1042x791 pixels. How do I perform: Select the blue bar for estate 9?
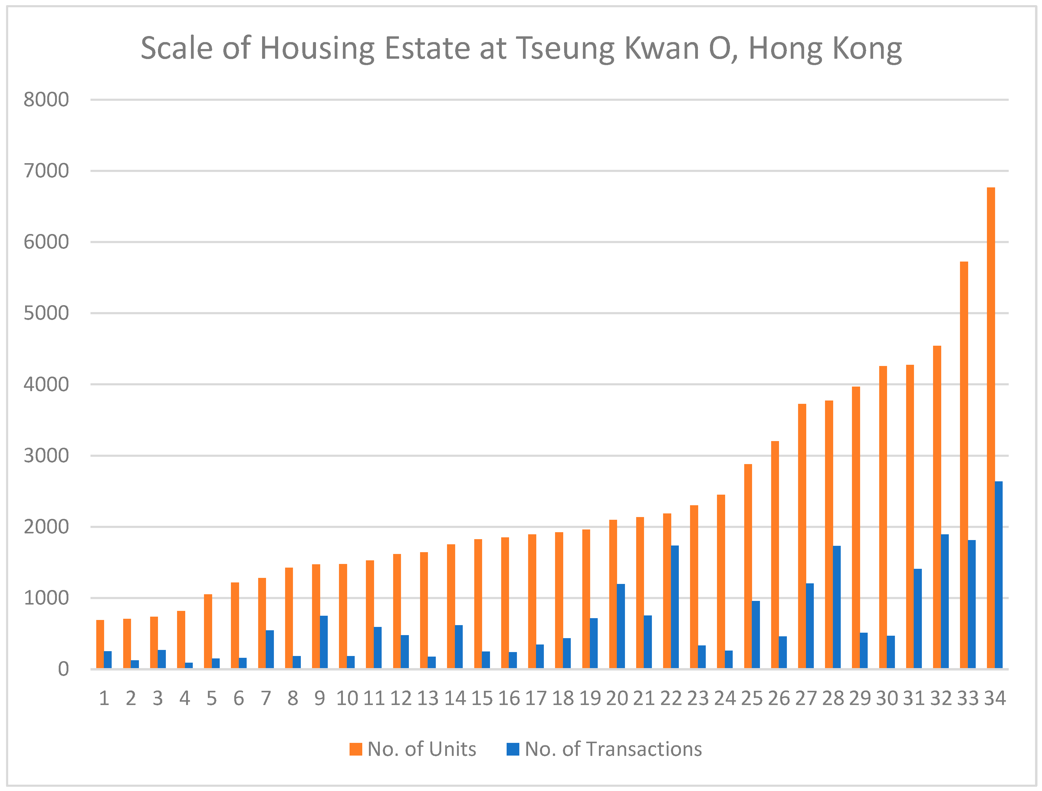324,642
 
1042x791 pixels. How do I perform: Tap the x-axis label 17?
536,698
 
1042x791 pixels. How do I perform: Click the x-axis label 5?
212,698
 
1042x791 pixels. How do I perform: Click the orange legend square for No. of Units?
356,749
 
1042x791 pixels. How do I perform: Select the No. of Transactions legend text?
613,749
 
